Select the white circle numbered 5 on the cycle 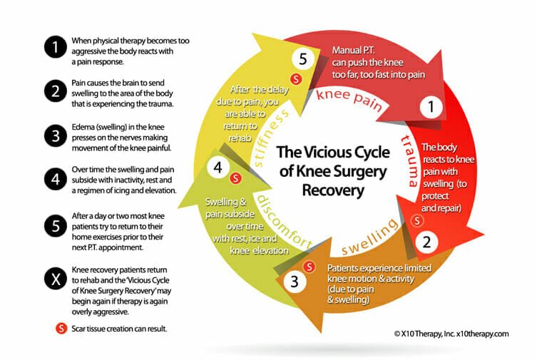click(302, 60)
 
